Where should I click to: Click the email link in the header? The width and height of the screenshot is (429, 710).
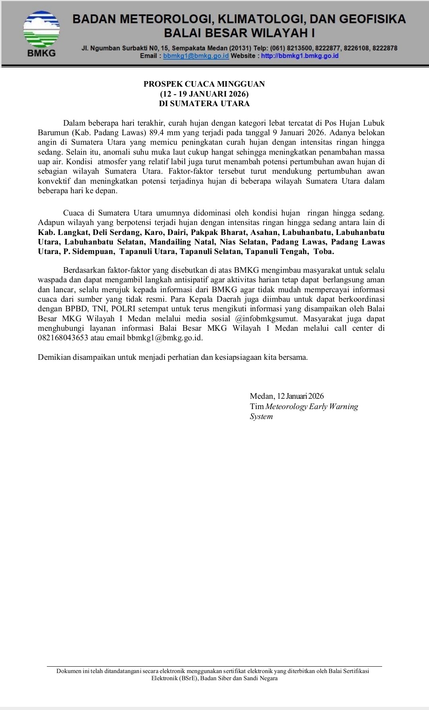coord(196,56)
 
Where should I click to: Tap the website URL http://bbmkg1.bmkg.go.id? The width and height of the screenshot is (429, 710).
coord(300,56)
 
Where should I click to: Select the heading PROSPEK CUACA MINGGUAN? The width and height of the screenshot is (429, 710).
coord(204,84)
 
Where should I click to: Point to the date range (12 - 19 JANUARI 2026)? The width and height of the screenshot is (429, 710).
coord(204,94)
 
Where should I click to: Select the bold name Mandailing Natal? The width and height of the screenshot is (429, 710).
coord(182,242)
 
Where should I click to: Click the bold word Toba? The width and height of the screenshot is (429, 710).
coord(324,252)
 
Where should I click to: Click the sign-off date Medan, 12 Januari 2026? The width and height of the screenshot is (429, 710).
coord(286,396)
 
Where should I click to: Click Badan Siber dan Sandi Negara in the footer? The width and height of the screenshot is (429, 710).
coord(239,678)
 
